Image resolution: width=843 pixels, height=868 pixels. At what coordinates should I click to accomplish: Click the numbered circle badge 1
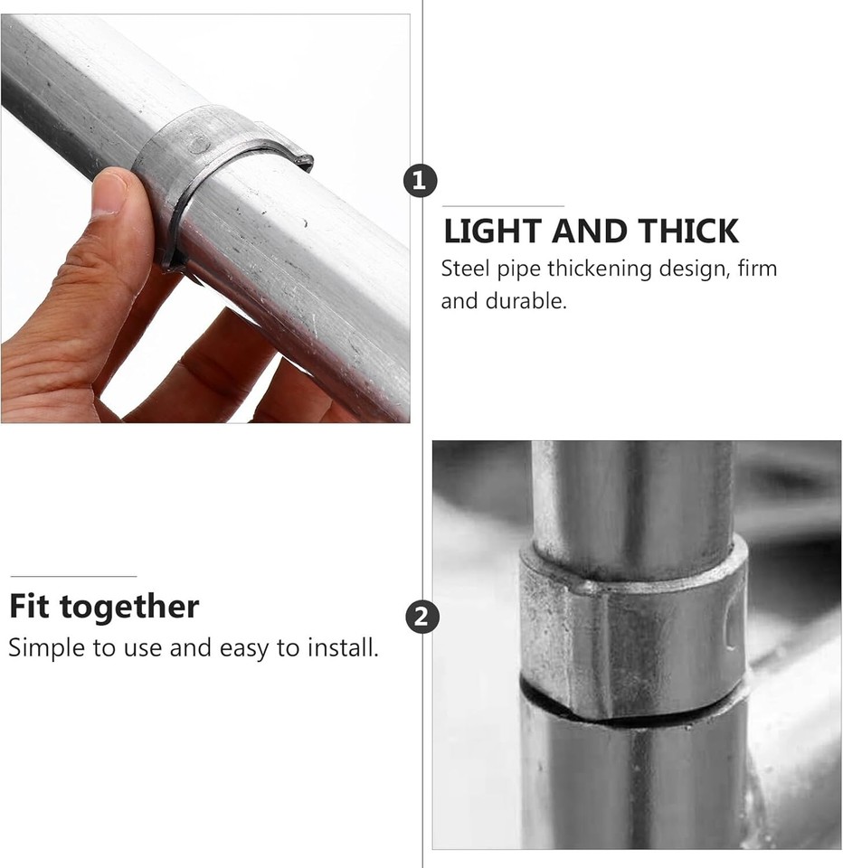coord(419,181)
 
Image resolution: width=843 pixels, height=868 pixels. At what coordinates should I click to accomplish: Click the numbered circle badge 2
coord(421,618)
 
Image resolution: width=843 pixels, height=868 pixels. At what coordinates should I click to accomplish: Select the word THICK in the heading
coord(689,232)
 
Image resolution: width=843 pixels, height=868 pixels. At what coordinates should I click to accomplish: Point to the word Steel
coord(463,269)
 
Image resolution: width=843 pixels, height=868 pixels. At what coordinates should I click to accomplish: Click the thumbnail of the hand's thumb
coord(109,192)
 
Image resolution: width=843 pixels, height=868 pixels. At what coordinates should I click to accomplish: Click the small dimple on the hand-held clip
coord(198,142)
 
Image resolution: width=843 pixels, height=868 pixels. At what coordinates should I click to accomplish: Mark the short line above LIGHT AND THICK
coord(503,206)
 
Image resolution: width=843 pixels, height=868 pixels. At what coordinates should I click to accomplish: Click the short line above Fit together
coord(73,576)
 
